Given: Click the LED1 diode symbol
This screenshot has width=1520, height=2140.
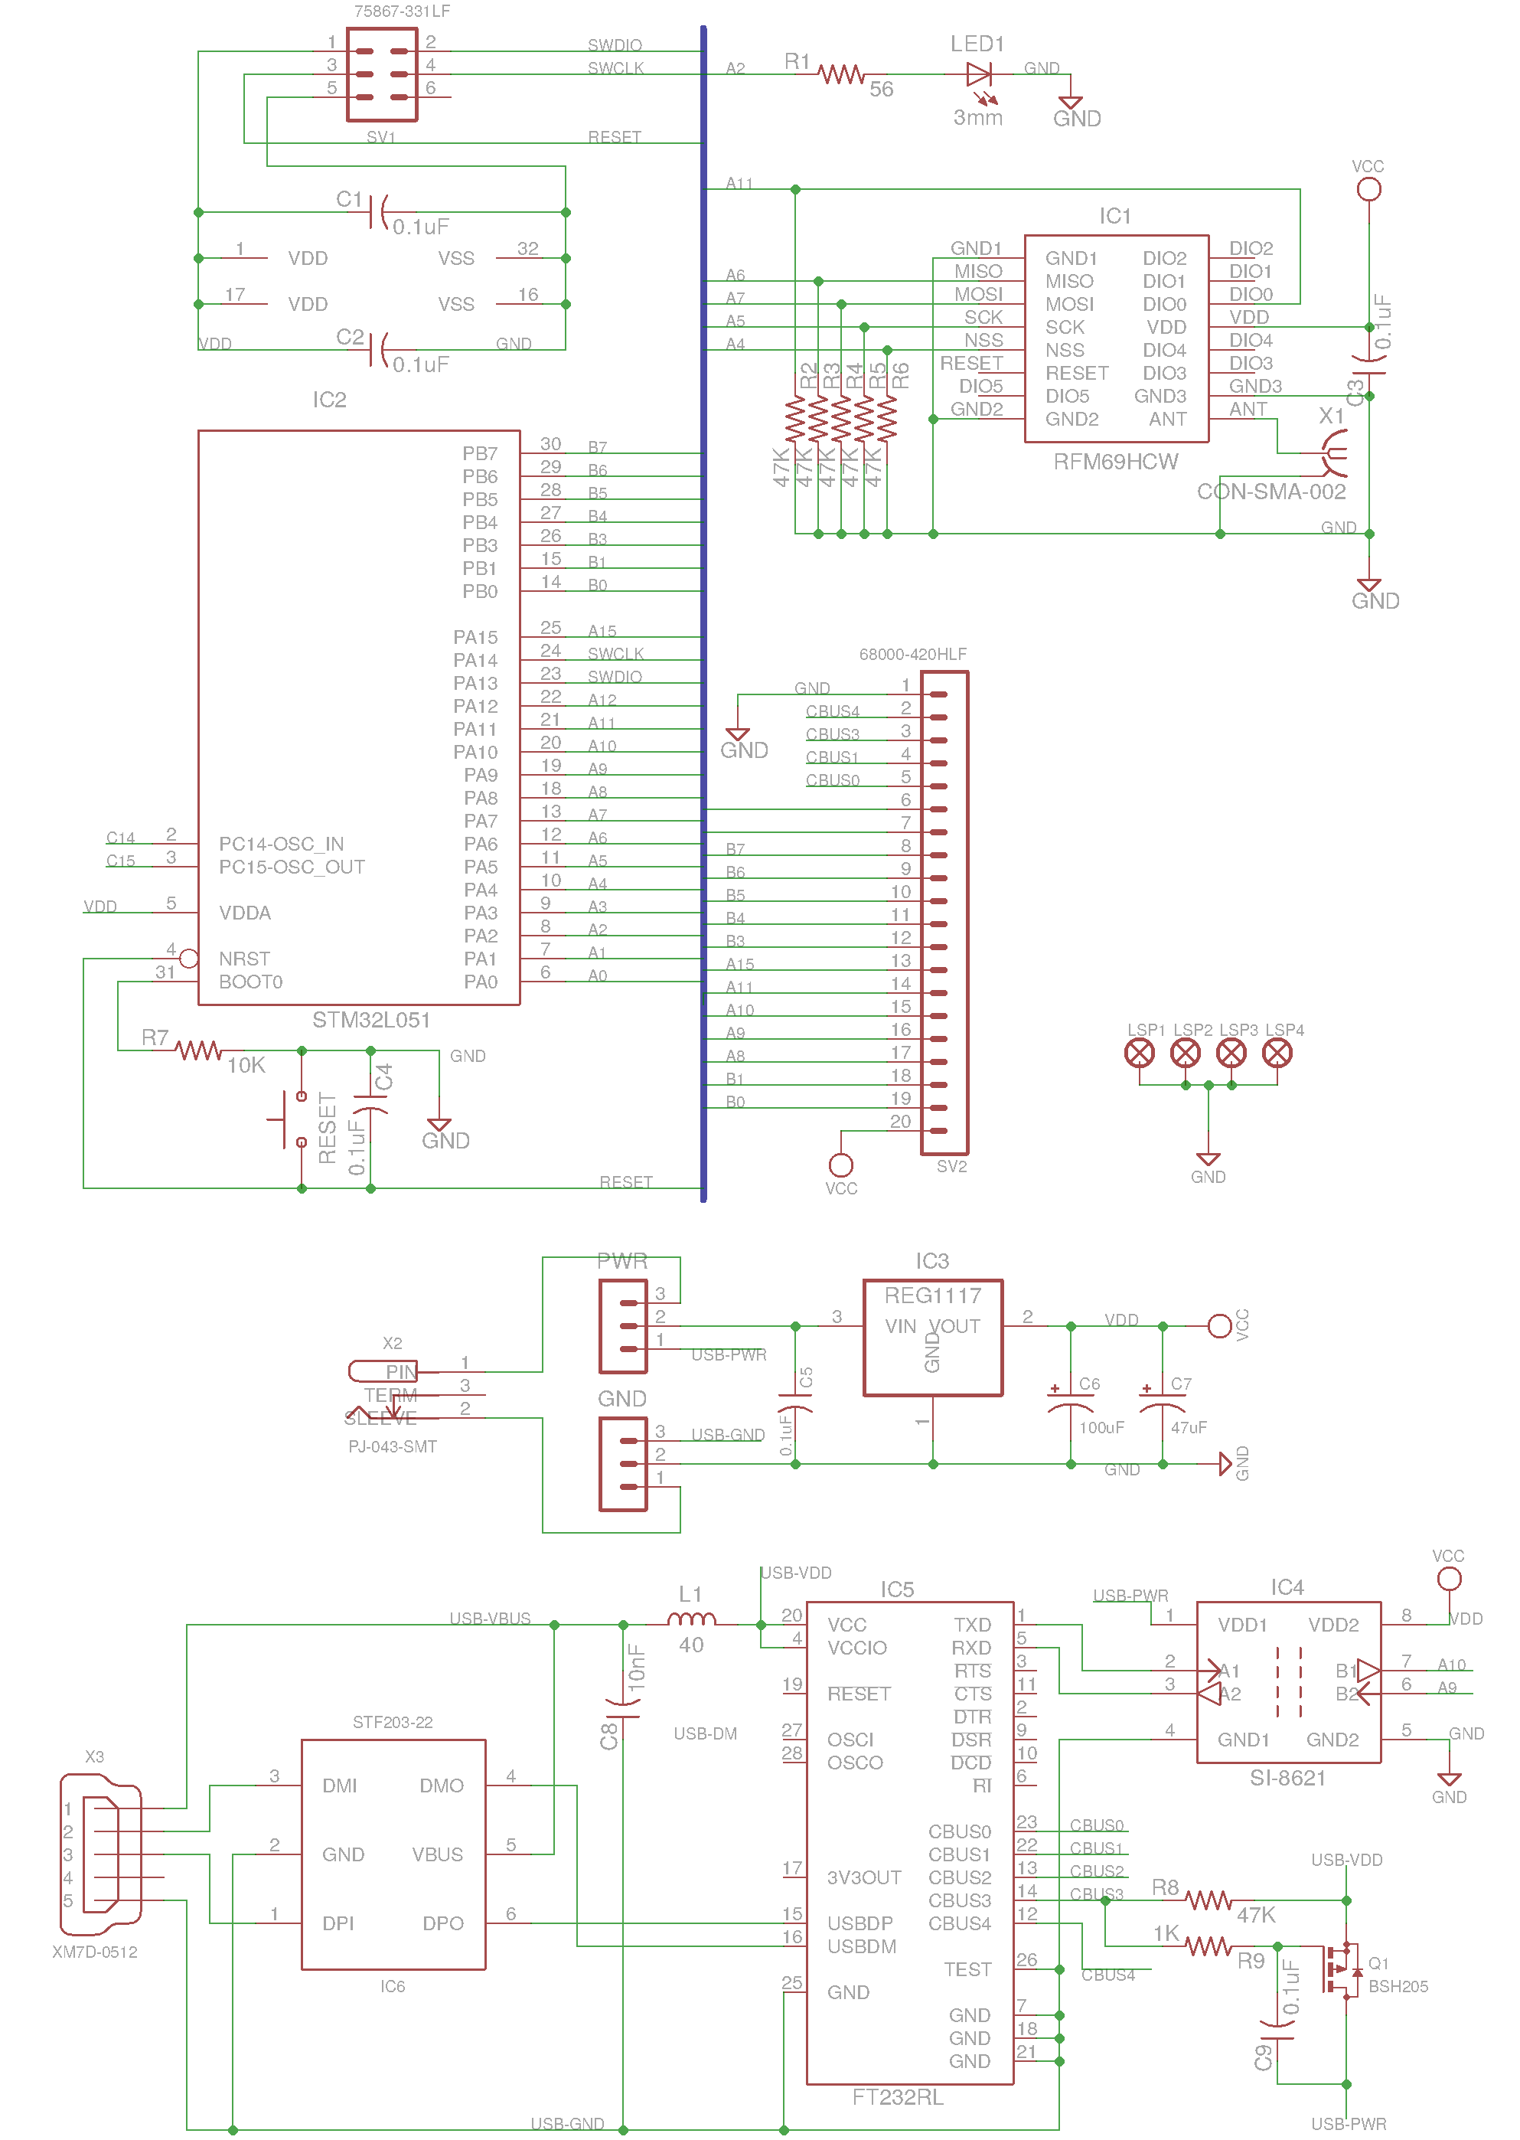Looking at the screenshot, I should [x=978, y=74].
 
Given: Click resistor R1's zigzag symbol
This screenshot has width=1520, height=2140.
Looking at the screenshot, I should [x=840, y=74].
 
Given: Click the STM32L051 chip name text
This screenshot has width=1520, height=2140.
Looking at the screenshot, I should [x=370, y=1019].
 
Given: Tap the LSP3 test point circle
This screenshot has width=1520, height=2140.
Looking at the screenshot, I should [x=1231, y=1053].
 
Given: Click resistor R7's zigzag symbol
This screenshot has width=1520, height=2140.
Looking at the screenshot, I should [x=198, y=1050].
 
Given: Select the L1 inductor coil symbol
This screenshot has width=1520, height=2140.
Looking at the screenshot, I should [x=691, y=1619].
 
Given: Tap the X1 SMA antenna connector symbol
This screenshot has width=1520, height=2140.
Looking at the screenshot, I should [x=1334, y=453].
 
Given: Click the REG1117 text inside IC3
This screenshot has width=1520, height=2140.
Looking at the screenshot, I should [x=932, y=1295].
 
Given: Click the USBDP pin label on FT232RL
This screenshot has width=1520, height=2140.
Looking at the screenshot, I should [x=859, y=1923].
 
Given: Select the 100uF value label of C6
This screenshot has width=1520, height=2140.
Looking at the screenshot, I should [x=1101, y=1428].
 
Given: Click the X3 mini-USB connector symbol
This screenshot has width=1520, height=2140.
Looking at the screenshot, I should [x=101, y=1854].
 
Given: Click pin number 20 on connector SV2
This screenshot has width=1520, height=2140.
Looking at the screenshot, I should [x=899, y=1122].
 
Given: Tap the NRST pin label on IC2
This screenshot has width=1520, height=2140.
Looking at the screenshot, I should [x=244, y=959].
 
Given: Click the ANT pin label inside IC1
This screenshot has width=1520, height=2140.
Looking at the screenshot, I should [x=1167, y=420].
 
